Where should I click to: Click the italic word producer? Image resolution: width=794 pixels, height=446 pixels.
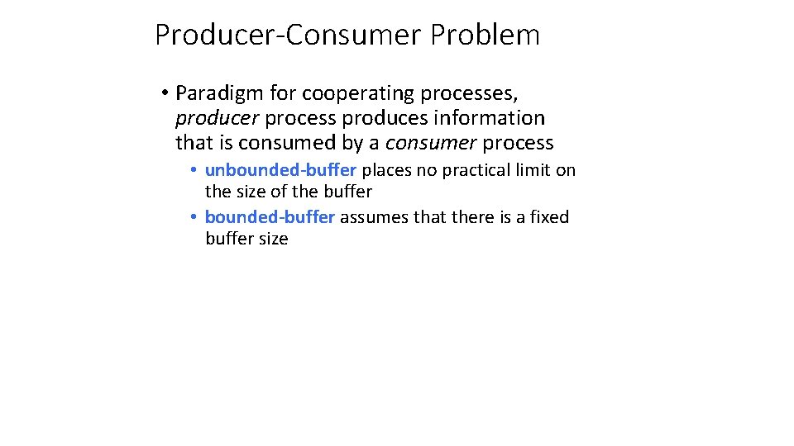point(218,118)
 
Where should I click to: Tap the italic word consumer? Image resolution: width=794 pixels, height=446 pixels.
point(431,143)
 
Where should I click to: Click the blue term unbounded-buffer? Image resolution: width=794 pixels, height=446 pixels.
point(280,170)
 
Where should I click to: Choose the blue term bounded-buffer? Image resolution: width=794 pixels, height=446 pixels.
point(270,217)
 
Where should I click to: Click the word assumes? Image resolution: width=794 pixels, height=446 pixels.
point(372,217)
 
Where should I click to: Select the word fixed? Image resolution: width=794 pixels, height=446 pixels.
point(549,217)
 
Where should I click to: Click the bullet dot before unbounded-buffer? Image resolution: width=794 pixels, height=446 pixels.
point(192,171)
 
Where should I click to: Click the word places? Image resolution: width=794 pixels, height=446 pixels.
point(386,171)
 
